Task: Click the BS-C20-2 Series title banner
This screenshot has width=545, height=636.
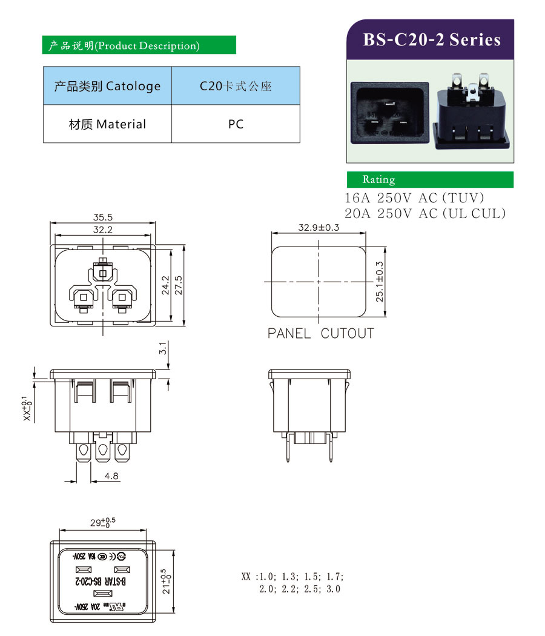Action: coord(431,40)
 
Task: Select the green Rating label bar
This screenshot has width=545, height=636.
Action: coord(429,179)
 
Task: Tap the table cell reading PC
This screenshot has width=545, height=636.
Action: coord(236,124)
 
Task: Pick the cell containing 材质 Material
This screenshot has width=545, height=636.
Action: coord(107,124)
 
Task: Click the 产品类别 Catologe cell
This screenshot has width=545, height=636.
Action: coord(107,86)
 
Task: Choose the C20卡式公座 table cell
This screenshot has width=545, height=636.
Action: coord(236,86)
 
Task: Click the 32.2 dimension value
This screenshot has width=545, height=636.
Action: coord(104,230)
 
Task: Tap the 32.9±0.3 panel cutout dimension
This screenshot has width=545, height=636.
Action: coord(319,228)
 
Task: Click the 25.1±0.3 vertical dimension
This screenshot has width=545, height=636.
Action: coord(380,281)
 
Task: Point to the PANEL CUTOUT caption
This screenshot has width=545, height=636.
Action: coord(320,333)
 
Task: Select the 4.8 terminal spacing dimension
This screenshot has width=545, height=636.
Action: coord(111,477)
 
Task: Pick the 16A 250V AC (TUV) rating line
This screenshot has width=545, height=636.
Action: coord(415,198)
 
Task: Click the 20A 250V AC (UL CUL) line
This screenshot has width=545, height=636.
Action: coord(424,213)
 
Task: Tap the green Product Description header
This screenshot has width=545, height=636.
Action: coord(139,45)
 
